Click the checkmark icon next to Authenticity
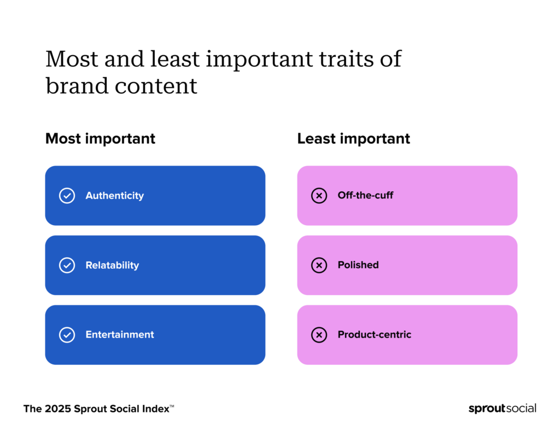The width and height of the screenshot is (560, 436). (x=67, y=196)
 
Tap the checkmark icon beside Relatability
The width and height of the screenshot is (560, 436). (x=67, y=266)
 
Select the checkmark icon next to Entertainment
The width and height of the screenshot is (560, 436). (x=67, y=335)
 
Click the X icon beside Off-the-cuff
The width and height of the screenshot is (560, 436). (x=319, y=196)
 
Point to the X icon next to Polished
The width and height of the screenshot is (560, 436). (x=319, y=266)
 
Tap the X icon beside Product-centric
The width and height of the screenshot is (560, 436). (x=319, y=335)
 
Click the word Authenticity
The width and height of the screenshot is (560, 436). (x=114, y=196)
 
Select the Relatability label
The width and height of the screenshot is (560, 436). (x=112, y=266)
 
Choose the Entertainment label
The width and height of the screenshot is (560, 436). (x=120, y=335)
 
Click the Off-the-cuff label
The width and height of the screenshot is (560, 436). (x=365, y=196)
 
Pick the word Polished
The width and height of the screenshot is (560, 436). (x=358, y=265)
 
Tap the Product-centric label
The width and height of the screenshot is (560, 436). (x=374, y=335)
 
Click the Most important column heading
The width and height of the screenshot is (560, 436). (x=100, y=139)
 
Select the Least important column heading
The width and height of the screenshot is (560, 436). (x=353, y=139)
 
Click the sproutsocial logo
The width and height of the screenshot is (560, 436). (x=502, y=409)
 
